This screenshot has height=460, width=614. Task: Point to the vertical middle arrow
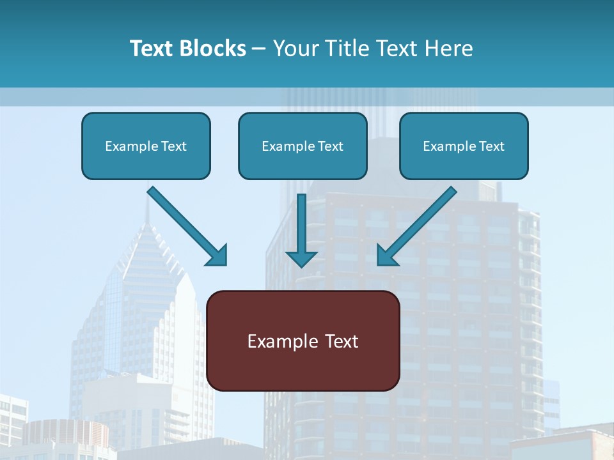point(301,224)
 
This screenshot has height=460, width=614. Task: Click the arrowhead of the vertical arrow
point(301,259)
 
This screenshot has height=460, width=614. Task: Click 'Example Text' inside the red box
point(303,341)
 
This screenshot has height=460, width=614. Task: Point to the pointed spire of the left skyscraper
point(148,211)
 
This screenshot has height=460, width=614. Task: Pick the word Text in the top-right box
point(491,146)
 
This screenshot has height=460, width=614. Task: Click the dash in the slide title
point(260,49)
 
